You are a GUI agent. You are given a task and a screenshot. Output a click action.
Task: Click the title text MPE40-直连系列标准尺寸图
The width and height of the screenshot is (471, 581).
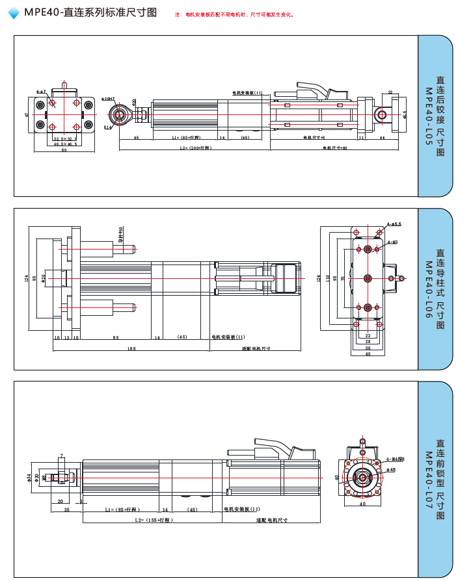(x=90, y=12)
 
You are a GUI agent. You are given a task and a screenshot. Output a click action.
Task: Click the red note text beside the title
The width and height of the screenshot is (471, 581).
(x=234, y=14)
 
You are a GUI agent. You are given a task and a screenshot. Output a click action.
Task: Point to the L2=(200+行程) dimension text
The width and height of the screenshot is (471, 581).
(x=196, y=148)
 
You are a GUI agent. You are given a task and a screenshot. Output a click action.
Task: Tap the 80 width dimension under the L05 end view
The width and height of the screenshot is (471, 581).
(x=64, y=150)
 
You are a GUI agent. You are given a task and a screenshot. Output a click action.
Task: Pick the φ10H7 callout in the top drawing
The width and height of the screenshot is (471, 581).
(x=107, y=99)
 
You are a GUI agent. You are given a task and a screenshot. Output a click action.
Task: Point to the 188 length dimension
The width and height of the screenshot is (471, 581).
(x=131, y=348)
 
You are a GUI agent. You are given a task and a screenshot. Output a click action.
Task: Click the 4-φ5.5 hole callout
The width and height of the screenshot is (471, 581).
(x=394, y=224)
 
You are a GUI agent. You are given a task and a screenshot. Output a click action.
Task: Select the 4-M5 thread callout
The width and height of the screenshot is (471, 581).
(x=392, y=242)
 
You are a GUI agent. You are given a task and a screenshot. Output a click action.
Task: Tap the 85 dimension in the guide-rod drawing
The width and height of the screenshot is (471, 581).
(x=115, y=337)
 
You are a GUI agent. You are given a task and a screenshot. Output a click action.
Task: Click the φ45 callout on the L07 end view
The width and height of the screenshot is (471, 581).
(x=391, y=469)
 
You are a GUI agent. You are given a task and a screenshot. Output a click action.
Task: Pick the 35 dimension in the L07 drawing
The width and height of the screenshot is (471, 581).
(x=66, y=510)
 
